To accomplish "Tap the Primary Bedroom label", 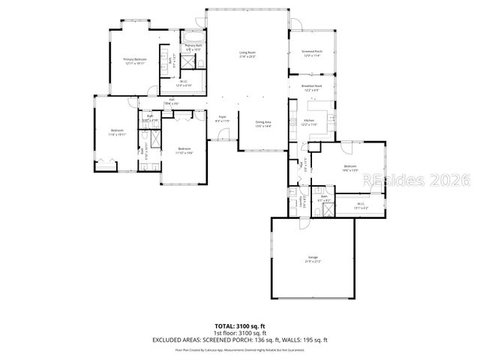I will pyautogui.click(x=135, y=61).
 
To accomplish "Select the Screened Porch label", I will pyautogui.click(x=312, y=53).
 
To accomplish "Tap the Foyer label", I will pyautogui.click(x=222, y=118).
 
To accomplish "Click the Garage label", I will pyautogui.click(x=312, y=259).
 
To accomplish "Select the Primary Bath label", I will pyautogui.click(x=194, y=47).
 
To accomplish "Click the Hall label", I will pyautogui.click(x=171, y=101).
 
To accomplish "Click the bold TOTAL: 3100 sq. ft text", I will pyautogui.click(x=239, y=325).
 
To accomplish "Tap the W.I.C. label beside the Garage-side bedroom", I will pyautogui.click(x=360, y=204).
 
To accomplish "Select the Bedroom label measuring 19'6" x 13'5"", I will pyautogui.click(x=350, y=168).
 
